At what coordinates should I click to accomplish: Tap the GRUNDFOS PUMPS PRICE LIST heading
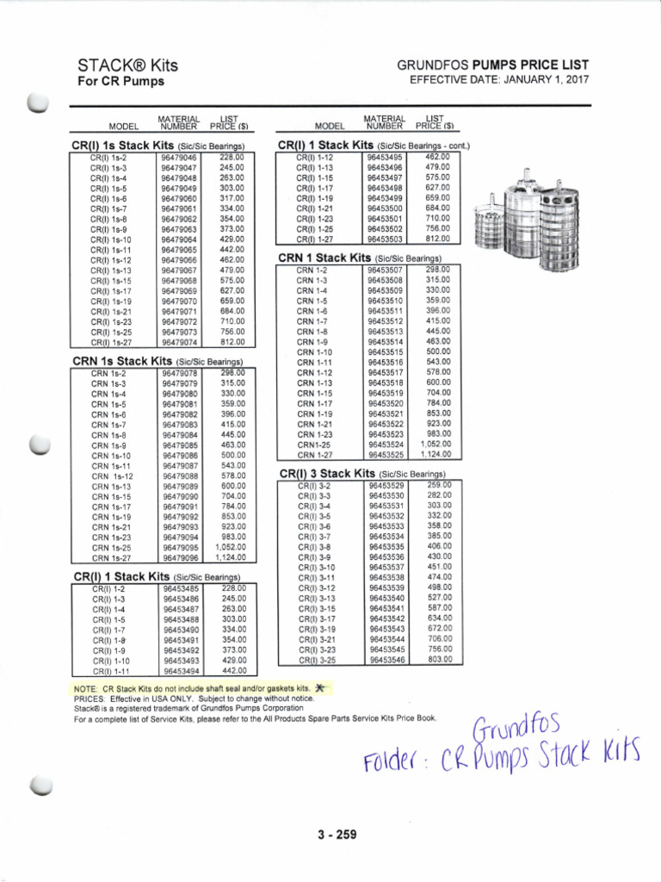pos(493,65)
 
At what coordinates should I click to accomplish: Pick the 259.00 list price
pos(439,485)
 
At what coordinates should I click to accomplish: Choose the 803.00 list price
pos(439,660)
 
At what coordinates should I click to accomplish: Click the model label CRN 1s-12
pos(112,476)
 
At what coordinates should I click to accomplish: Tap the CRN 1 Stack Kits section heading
pos(358,257)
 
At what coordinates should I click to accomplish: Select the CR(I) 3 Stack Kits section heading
pos(362,473)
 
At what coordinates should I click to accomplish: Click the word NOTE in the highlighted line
pos(86,689)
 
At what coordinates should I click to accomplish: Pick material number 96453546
pos(386,660)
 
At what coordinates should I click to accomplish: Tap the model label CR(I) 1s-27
pos(111,341)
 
